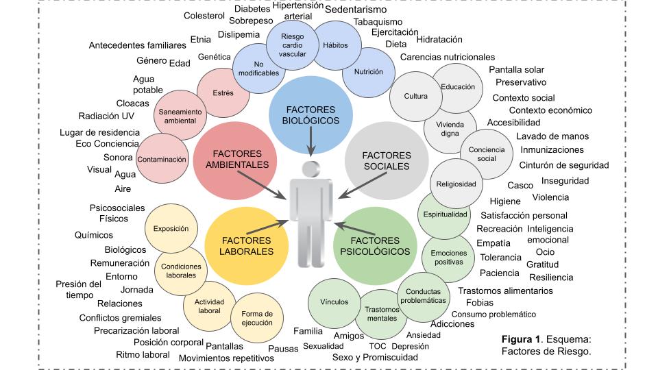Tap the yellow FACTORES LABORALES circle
pos(246,246)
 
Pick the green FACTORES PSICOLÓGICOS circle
pos(375,246)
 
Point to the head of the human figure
pos(310,169)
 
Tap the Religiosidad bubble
pos(456,183)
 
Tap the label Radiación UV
pos(106,116)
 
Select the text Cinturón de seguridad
pos(564,165)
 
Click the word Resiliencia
pos(551,277)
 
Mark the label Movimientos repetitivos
pos(226,358)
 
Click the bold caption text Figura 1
pos(521,339)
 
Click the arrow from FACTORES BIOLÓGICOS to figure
pos(311,142)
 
